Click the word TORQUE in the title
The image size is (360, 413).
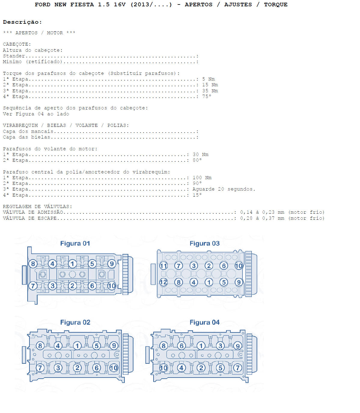[x=276, y=5]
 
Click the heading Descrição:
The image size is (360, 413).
[x=23, y=22]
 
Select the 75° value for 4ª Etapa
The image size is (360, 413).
[x=207, y=96]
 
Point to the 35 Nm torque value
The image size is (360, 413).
[x=210, y=91]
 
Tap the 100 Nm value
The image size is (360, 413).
[x=202, y=178]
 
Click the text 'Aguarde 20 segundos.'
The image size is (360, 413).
[x=224, y=189]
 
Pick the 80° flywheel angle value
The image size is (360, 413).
[x=197, y=160]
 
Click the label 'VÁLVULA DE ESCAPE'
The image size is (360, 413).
[x=30, y=218]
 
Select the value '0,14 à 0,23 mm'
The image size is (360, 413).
[x=262, y=212]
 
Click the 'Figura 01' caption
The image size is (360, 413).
[x=75, y=243]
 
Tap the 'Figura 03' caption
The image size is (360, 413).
[x=204, y=243]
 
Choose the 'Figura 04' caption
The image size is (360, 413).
[x=204, y=322]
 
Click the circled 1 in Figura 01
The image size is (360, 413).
[x=72, y=264]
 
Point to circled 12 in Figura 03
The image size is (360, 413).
[x=163, y=282]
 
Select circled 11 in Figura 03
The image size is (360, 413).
[x=163, y=266]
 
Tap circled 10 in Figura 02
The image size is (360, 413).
[x=114, y=368]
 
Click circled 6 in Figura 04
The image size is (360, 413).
[x=182, y=346]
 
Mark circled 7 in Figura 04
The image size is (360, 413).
[x=237, y=368]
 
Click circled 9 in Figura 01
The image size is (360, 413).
[x=111, y=264]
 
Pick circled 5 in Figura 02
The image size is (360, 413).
[x=96, y=346]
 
